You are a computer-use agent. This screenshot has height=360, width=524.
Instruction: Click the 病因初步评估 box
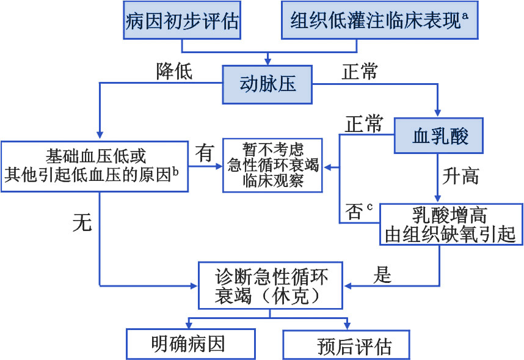pos(181,21)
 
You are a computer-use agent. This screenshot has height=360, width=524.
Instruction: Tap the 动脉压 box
pos(267,84)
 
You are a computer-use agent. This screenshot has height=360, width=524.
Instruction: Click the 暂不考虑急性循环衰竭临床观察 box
pos(272,165)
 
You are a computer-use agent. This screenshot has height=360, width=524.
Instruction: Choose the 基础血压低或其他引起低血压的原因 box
pos(95,166)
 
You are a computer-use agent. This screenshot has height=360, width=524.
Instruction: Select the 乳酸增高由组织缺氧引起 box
pos(451,224)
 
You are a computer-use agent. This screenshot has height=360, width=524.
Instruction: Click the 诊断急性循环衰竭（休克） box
pos(271,285)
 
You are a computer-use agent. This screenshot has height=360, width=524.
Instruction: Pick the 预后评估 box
pos(346,345)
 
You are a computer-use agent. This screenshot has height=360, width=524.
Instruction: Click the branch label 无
pos(82,223)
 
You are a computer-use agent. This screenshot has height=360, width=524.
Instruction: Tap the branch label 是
pos(383,275)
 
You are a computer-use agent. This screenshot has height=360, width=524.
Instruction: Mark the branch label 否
pos(354,211)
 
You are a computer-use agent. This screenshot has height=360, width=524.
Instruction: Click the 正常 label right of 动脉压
pos(359,72)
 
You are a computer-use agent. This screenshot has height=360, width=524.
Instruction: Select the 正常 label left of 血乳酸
pos(364,124)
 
